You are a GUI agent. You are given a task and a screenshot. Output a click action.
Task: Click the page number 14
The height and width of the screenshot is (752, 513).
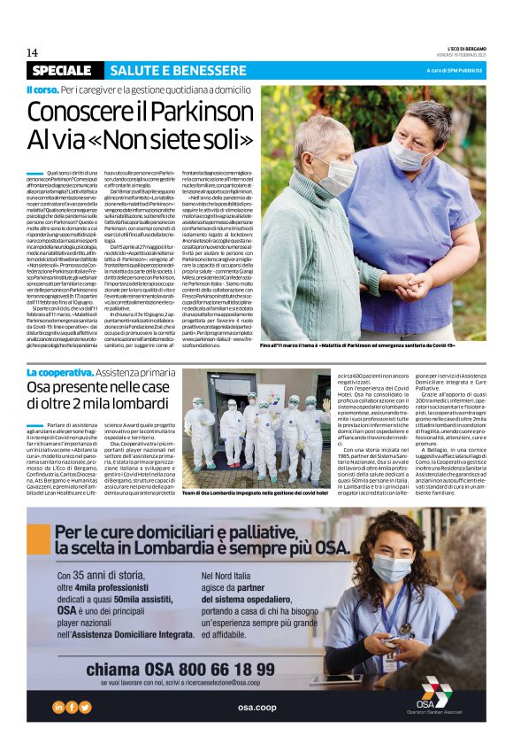click(32, 52)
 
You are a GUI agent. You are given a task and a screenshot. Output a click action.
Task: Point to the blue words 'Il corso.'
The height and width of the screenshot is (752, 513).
click(41, 90)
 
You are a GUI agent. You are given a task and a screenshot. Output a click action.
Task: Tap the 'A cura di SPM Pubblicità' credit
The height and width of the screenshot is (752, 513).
click(455, 70)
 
